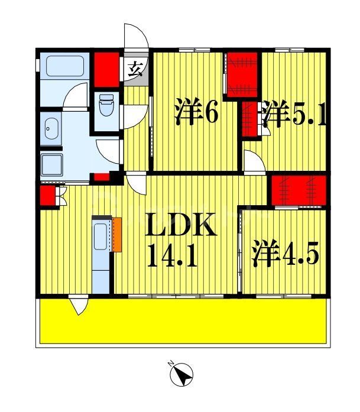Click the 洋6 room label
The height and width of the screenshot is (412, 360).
pyautogui.click(x=196, y=113)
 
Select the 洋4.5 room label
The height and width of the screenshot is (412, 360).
pyautogui.click(x=286, y=254)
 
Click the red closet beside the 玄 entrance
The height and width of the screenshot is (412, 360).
pyautogui.click(x=108, y=68)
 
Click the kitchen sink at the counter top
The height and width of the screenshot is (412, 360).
pyautogui.click(x=100, y=236)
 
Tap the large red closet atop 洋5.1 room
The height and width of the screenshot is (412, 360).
pyautogui.click(x=242, y=75)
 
